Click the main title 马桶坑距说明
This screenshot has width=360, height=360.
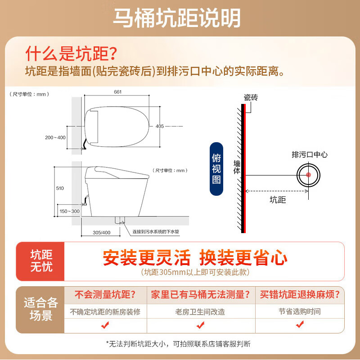[177, 18]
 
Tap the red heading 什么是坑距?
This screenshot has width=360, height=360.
[71, 54]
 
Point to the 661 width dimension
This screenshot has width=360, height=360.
[118, 92]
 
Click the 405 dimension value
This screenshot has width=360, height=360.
[160, 126]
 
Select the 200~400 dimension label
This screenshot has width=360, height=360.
[54, 137]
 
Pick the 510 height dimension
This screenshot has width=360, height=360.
[60, 189]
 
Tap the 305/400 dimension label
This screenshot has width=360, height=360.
[101, 232]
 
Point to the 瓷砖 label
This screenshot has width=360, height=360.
[251, 97]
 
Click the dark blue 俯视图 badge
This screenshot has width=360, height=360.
[216, 169]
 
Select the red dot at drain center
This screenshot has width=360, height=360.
[309, 175]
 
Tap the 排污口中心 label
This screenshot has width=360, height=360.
[310, 155]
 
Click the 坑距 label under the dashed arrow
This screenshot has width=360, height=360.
[278, 200]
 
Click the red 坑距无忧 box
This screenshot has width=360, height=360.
[41, 261]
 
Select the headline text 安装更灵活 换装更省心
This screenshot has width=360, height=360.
[195, 258]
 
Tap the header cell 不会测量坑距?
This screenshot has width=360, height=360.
[105, 295]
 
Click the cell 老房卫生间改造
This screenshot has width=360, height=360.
[200, 311]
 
